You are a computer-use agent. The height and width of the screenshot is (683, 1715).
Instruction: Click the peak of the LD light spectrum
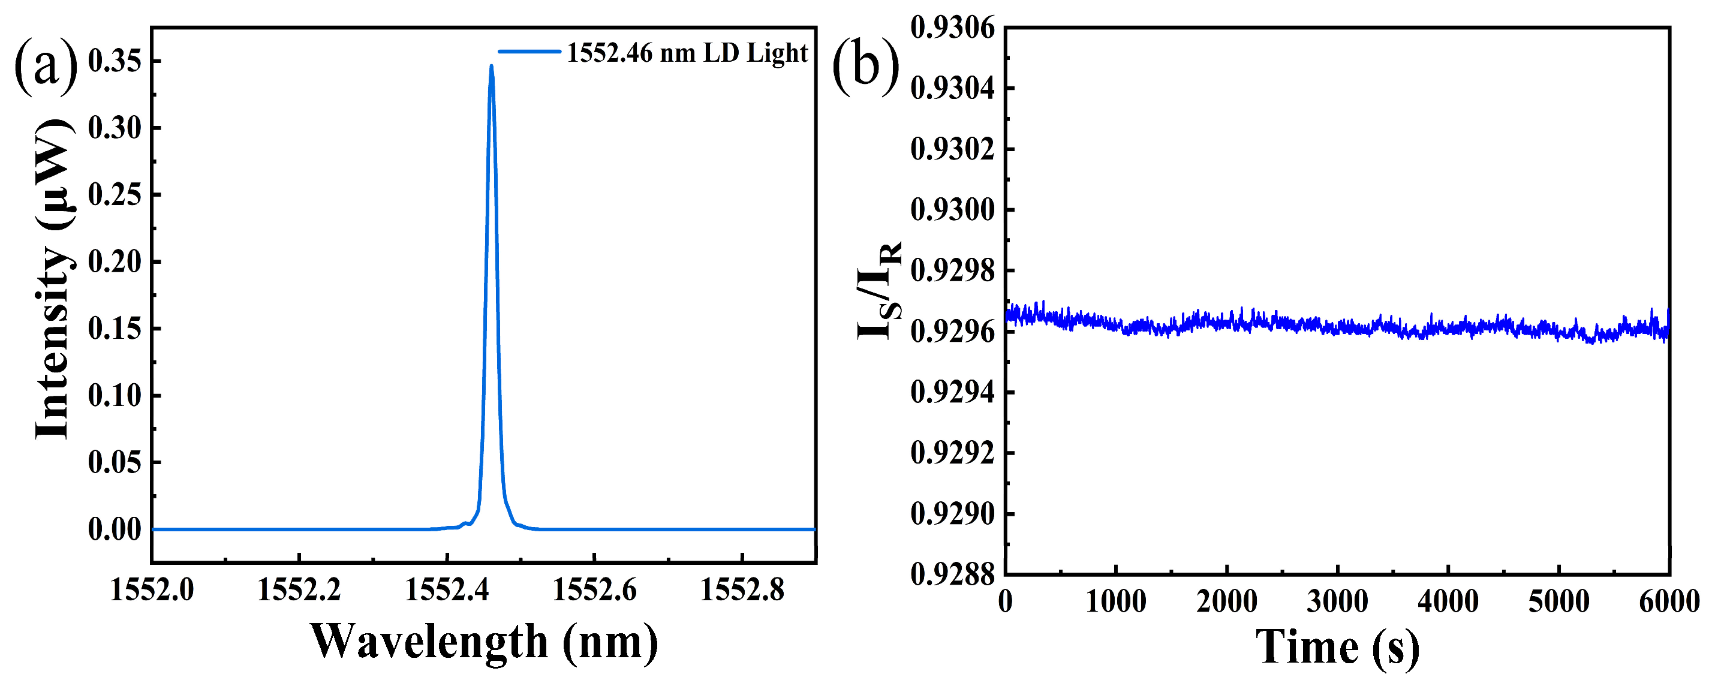pyautogui.click(x=491, y=66)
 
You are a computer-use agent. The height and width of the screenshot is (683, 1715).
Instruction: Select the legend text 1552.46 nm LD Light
pyautogui.click(x=687, y=53)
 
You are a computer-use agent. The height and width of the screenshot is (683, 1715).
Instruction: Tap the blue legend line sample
pyautogui.click(x=529, y=51)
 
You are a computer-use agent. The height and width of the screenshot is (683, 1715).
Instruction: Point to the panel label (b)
pyautogui.click(x=865, y=67)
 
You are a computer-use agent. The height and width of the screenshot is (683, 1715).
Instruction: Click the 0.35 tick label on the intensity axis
pyautogui.click(x=115, y=61)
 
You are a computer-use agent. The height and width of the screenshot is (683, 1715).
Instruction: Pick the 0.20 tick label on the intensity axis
pyautogui.click(x=115, y=261)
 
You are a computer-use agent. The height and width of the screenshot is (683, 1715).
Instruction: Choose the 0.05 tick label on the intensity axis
pyautogui.click(x=115, y=462)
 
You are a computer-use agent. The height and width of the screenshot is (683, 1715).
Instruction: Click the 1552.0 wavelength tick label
pyautogui.click(x=152, y=590)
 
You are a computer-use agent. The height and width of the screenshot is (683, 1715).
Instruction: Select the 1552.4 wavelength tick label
pyautogui.click(x=447, y=590)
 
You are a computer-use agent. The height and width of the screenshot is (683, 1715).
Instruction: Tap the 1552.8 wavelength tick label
pyautogui.click(x=742, y=590)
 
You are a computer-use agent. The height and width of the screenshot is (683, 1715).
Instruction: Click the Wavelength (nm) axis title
pyautogui.click(x=484, y=642)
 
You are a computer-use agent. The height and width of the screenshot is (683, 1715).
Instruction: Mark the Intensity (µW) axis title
pyautogui.click(x=53, y=279)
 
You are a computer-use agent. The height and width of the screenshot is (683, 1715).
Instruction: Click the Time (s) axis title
pyautogui.click(x=1337, y=647)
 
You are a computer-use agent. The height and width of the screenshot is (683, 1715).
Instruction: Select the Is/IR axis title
pyautogui.click(x=879, y=290)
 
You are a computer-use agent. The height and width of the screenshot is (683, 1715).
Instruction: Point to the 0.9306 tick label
pyautogui.click(x=952, y=28)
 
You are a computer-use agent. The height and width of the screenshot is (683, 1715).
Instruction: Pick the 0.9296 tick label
pyautogui.click(x=952, y=332)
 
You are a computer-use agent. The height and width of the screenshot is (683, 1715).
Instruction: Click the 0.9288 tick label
pyautogui.click(x=952, y=574)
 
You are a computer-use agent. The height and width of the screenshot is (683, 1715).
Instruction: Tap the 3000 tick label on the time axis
pyautogui.click(x=1337, y=602)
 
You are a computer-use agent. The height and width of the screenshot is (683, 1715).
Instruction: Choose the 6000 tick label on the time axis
pyautogui.click(x=1668, y=602)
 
